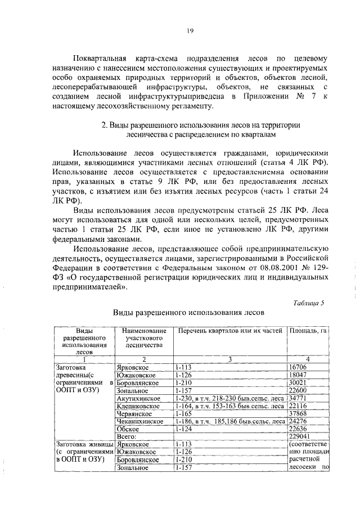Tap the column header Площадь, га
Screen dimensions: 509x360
click(x=308, y=331)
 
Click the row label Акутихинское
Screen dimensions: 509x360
click(x=139, y=398)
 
